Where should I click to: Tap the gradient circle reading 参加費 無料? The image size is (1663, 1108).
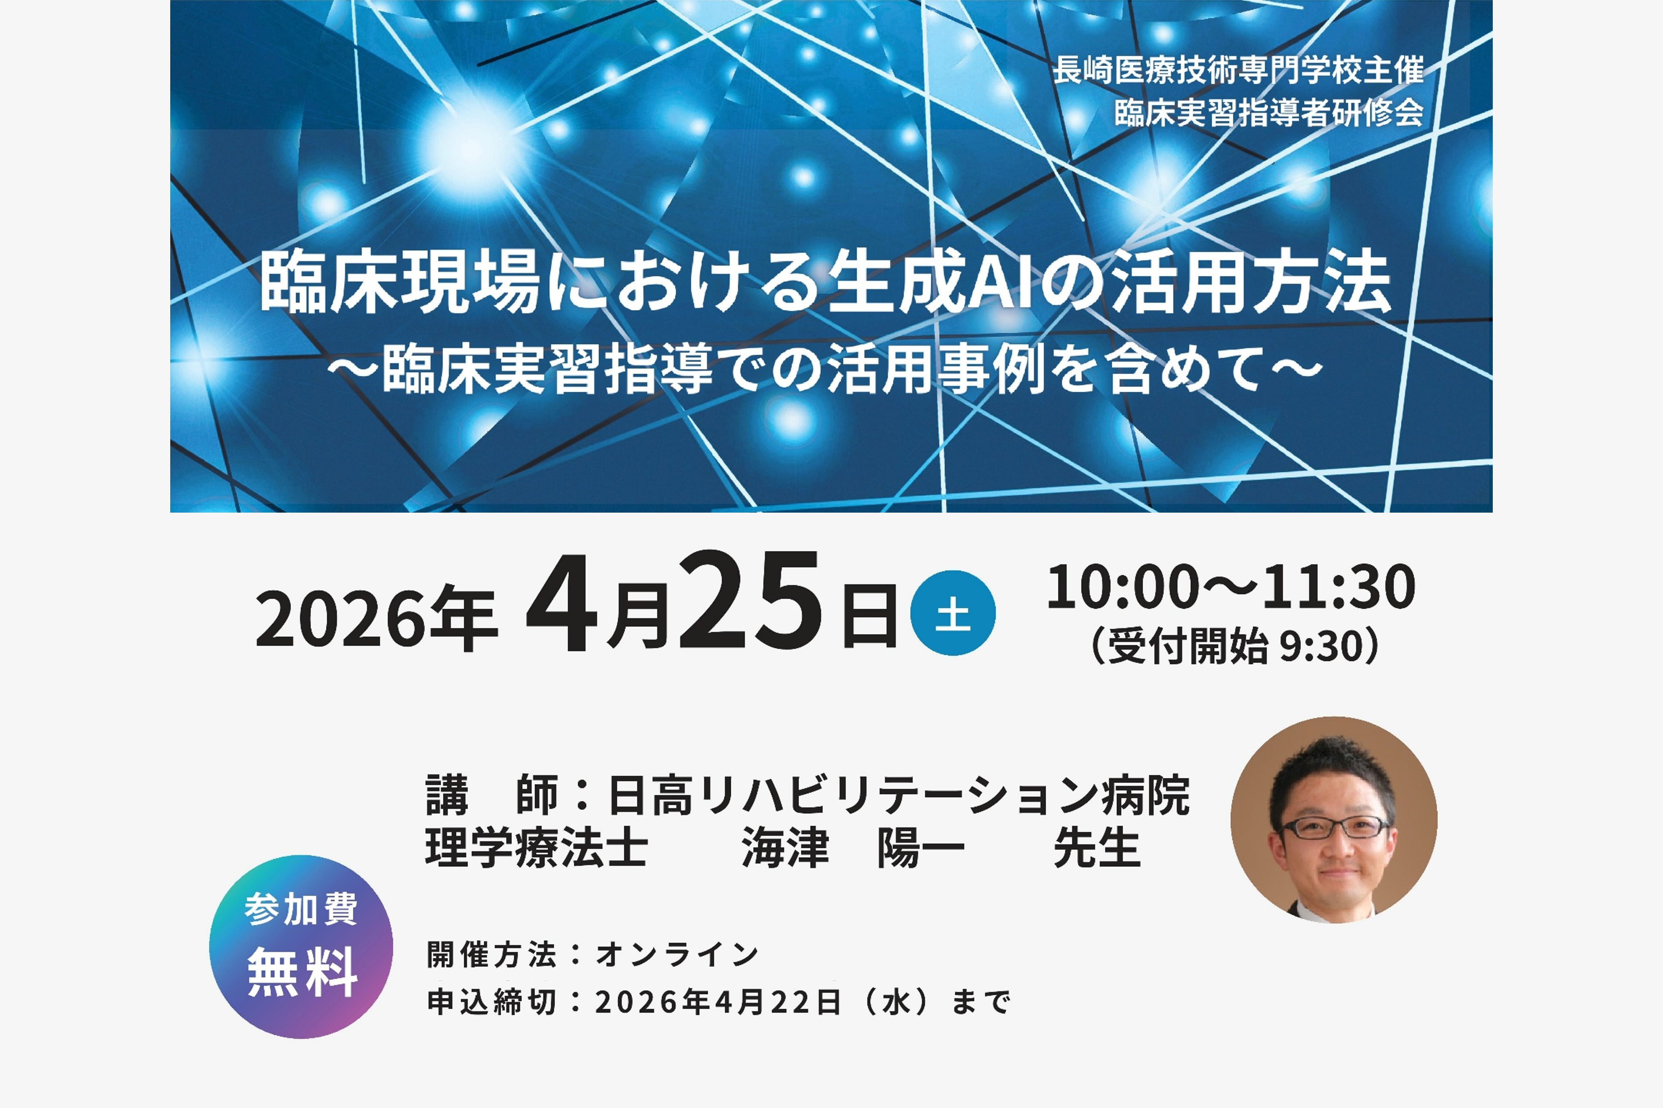click(301, 946)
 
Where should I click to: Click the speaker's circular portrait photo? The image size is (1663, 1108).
click(1334, 820)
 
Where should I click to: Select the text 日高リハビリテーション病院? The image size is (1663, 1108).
click(898, 795)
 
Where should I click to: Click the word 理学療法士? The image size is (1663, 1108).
click(536, 847)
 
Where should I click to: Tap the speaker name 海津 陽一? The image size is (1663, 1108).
click(853, 847)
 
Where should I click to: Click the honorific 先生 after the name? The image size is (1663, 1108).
click(1096, 847)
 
